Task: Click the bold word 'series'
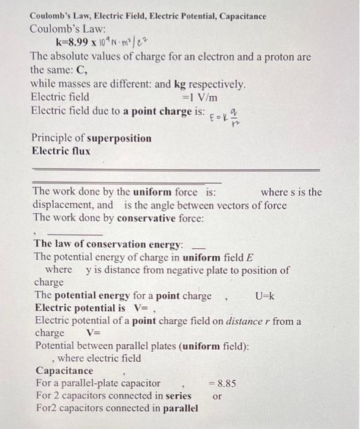pyautogui.click(x=176, y=396)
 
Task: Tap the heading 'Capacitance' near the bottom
pyautogui.click(x=64, y=371)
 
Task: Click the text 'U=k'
pyautogui.click(x=264, y=296)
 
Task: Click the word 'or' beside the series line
pyautogui.click(x=217, y=396)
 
